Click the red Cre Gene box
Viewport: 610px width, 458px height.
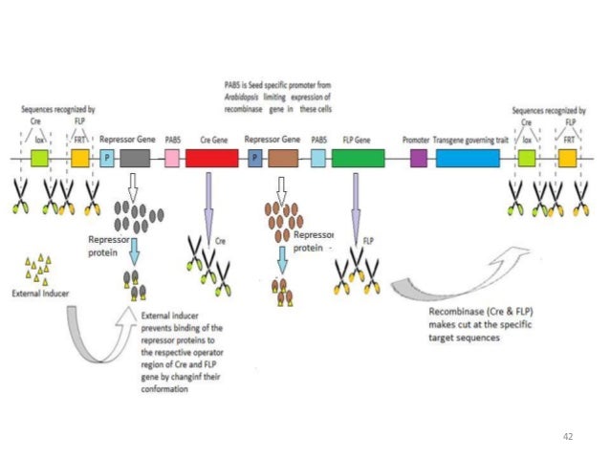211,160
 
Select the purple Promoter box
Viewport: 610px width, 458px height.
418,160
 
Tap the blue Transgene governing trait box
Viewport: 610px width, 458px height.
468,160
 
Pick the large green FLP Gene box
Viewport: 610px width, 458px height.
358,160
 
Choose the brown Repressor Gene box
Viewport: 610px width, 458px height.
283,160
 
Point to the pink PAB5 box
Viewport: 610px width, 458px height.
172,160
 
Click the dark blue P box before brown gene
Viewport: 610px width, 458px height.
255,160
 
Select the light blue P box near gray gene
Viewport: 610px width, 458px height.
107,160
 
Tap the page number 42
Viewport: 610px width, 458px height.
568,436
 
